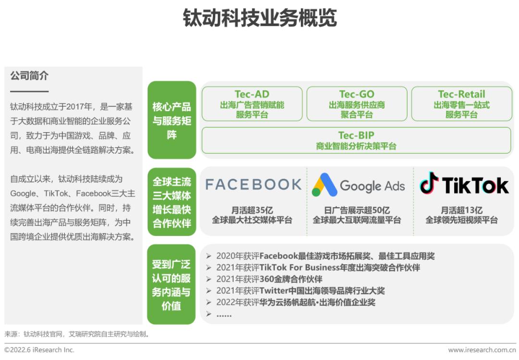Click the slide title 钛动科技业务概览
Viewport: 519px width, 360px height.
pyautogui.click(x=259, y=18)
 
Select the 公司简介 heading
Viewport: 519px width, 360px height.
pyautogui.click(x=29, y=76)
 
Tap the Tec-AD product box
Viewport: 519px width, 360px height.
pyautogui.click(x=252, y=104)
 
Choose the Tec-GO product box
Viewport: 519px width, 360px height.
pyautogui.click(x=357, y=104)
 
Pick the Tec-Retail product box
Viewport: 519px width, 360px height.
pyautogui.click(x=461, y=104)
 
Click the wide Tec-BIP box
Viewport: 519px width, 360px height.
pyautogui.click(x=356, y=140)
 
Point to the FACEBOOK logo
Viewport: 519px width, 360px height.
pyautogui.click(x=253, y=185)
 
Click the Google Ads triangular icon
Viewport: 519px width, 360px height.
pyautogui.click(x=323, y=185)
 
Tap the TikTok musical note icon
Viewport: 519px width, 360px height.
pyautogui.click(x=429, y=184)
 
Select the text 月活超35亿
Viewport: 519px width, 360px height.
pyautogui.click(x=252, y=210)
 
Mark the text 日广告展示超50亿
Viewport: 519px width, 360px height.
pyautogui.click(x=357, y=210)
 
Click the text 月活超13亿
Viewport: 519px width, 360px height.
pyautogui.click(x=461, y=210)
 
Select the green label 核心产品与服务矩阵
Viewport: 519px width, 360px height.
pyautogui.click(x=172, y=120)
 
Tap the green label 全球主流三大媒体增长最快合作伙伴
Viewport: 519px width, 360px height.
pyautogui.click(x=172, y=202)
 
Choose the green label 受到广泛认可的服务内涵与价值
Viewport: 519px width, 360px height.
pyautogui.click(x=172, y=285)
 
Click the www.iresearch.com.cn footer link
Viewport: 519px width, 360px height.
pyautogui.click(x=482, y=350)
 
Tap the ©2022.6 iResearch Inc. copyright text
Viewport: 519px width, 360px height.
pyautogui.click(x=39, y=350)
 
